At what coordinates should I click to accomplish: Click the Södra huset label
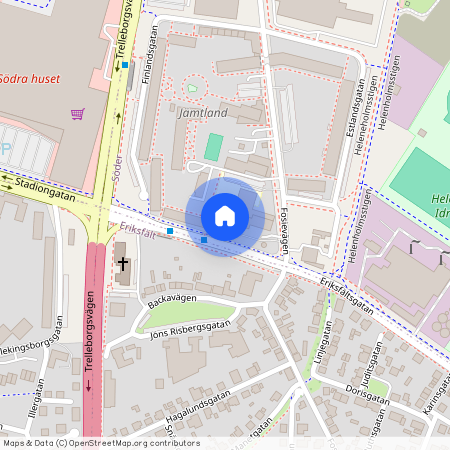tap(30, 79)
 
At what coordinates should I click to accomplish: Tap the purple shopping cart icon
tap(77, 114)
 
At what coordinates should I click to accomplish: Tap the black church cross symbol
tap(122, 264)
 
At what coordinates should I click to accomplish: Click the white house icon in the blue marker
tap(225, 216)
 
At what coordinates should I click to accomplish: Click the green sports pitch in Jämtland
tap(213, 147)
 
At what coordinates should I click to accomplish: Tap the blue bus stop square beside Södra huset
tap(125, 65)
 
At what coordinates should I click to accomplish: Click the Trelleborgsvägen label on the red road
tap(94, 330)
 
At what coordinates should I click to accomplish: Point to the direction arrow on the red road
tap(88, 386)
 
